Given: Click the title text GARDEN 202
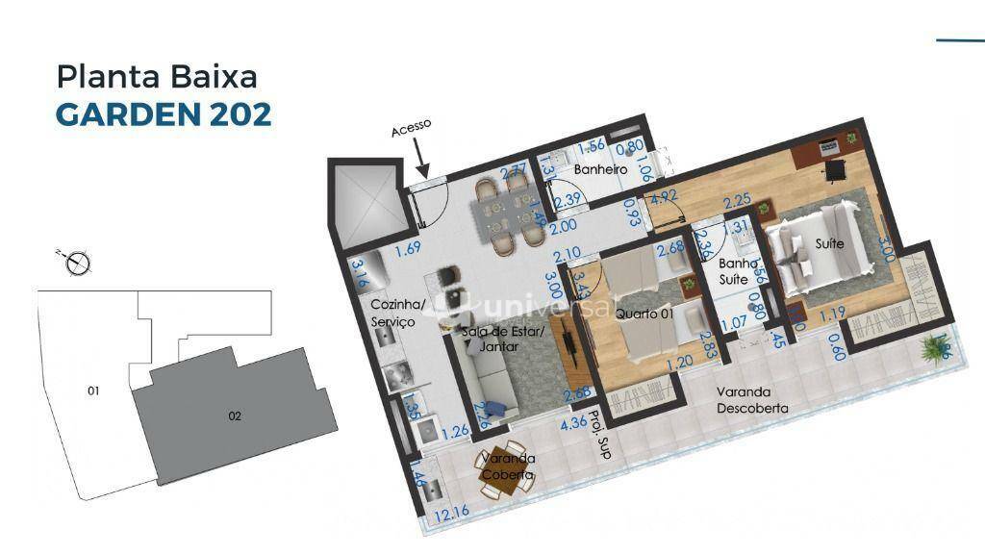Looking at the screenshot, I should (164, 113).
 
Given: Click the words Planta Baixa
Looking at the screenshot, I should (157, 76).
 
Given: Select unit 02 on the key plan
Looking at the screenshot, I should (234, 415).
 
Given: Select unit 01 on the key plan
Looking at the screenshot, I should (93, 390).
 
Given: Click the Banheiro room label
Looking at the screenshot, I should (600, 169).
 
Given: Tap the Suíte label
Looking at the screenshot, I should (828, 244).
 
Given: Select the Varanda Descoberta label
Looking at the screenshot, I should (751, 400).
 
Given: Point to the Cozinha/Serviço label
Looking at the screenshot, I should (392, 313).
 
